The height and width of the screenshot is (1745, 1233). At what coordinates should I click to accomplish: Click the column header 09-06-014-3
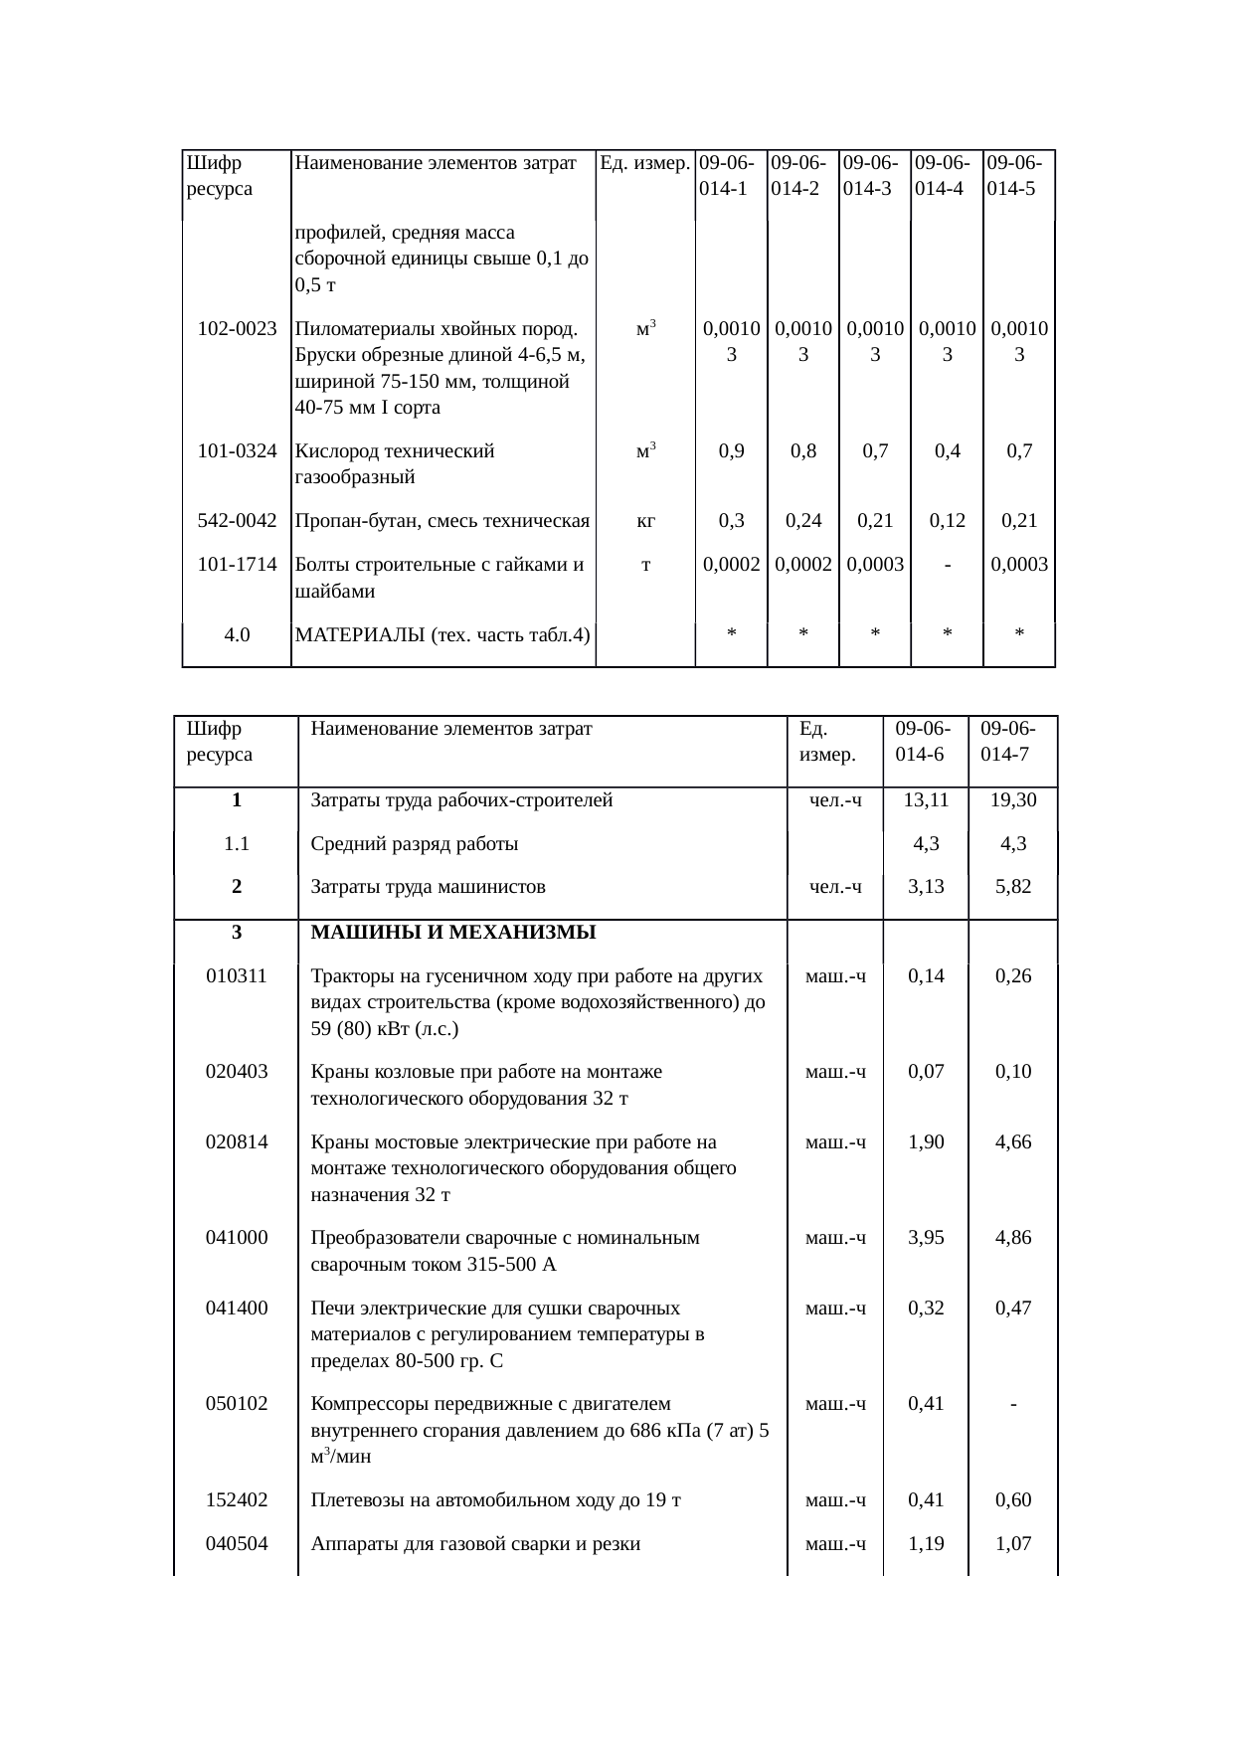(874, 175)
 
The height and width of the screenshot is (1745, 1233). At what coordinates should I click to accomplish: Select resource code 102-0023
(237, 328)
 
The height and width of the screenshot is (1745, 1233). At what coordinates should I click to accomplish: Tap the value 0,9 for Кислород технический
(731, 451)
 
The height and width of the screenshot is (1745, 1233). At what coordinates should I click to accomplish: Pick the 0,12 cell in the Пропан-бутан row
(948, 520)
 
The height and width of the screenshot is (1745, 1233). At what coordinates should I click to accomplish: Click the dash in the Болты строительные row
(948, 565)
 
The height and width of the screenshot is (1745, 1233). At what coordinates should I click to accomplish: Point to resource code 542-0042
(237, 520)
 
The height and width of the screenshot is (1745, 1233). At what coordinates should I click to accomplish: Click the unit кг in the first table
(645, 520)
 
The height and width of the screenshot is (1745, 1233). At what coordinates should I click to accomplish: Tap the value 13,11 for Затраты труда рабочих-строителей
(926, 800)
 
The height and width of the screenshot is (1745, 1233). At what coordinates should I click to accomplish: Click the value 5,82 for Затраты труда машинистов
(1013, 886)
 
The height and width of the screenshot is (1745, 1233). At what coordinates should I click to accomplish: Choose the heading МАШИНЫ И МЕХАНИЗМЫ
(453, 933)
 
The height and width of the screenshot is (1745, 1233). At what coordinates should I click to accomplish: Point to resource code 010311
(237, 976)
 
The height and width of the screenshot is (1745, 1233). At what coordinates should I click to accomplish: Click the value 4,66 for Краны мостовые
(1013, 1142)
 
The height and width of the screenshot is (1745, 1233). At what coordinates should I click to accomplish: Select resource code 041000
(237, 1238)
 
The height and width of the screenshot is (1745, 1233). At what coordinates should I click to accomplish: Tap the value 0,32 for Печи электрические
(926, 1308)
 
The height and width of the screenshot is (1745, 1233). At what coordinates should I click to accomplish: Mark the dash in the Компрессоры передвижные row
(1012, 1404)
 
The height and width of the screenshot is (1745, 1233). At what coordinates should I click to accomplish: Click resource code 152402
(237, 1500)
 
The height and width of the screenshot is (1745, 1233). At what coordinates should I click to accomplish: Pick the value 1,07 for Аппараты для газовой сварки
(1013, 1544)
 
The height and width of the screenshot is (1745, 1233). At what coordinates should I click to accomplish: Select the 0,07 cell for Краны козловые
(926, 1072)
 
